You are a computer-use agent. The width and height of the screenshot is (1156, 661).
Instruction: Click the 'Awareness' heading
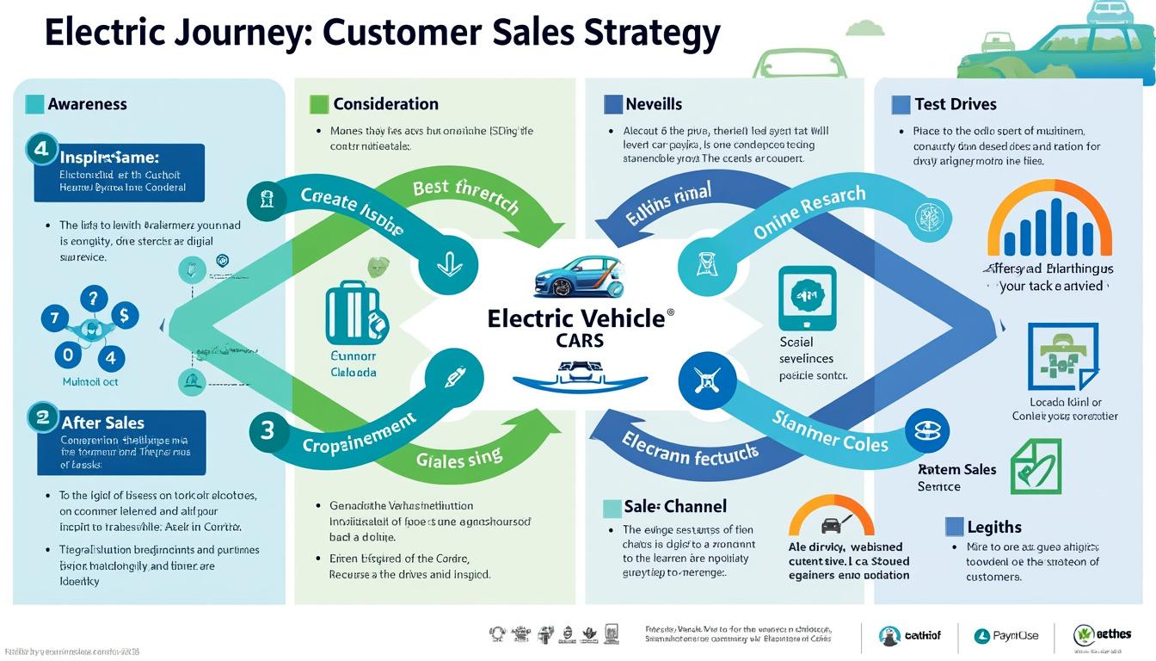[87, 104]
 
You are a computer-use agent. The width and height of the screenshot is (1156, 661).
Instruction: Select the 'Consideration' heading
[385, 104]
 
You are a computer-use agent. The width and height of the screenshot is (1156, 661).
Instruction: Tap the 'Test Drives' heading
[955, 104]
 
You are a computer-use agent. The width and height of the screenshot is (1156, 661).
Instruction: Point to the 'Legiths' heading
[994, 527]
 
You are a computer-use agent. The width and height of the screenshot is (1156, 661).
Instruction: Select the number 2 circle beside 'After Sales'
[41, 417]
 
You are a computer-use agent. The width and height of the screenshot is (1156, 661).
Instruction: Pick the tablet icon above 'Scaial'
[807, 297]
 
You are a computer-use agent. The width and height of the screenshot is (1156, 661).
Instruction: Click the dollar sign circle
[124, 316]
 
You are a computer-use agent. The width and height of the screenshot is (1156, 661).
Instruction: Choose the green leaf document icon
[1035, 466]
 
